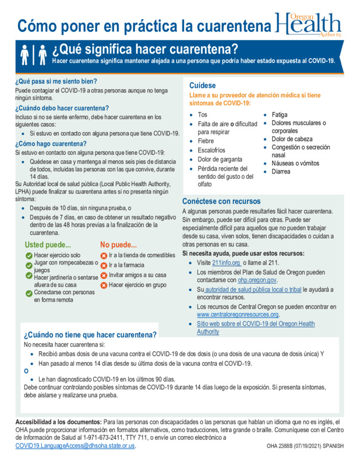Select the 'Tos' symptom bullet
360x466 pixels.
(203, 115)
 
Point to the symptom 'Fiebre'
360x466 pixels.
(206, 141)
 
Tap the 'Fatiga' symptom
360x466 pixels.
(279, 115)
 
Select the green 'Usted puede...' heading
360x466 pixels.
(48, 245)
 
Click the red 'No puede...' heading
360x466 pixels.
(118, 245)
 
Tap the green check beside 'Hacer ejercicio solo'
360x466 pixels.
(29, 256)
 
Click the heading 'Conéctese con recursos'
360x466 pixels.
(221, 201)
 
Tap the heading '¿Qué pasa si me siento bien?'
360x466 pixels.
(56, 81)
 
